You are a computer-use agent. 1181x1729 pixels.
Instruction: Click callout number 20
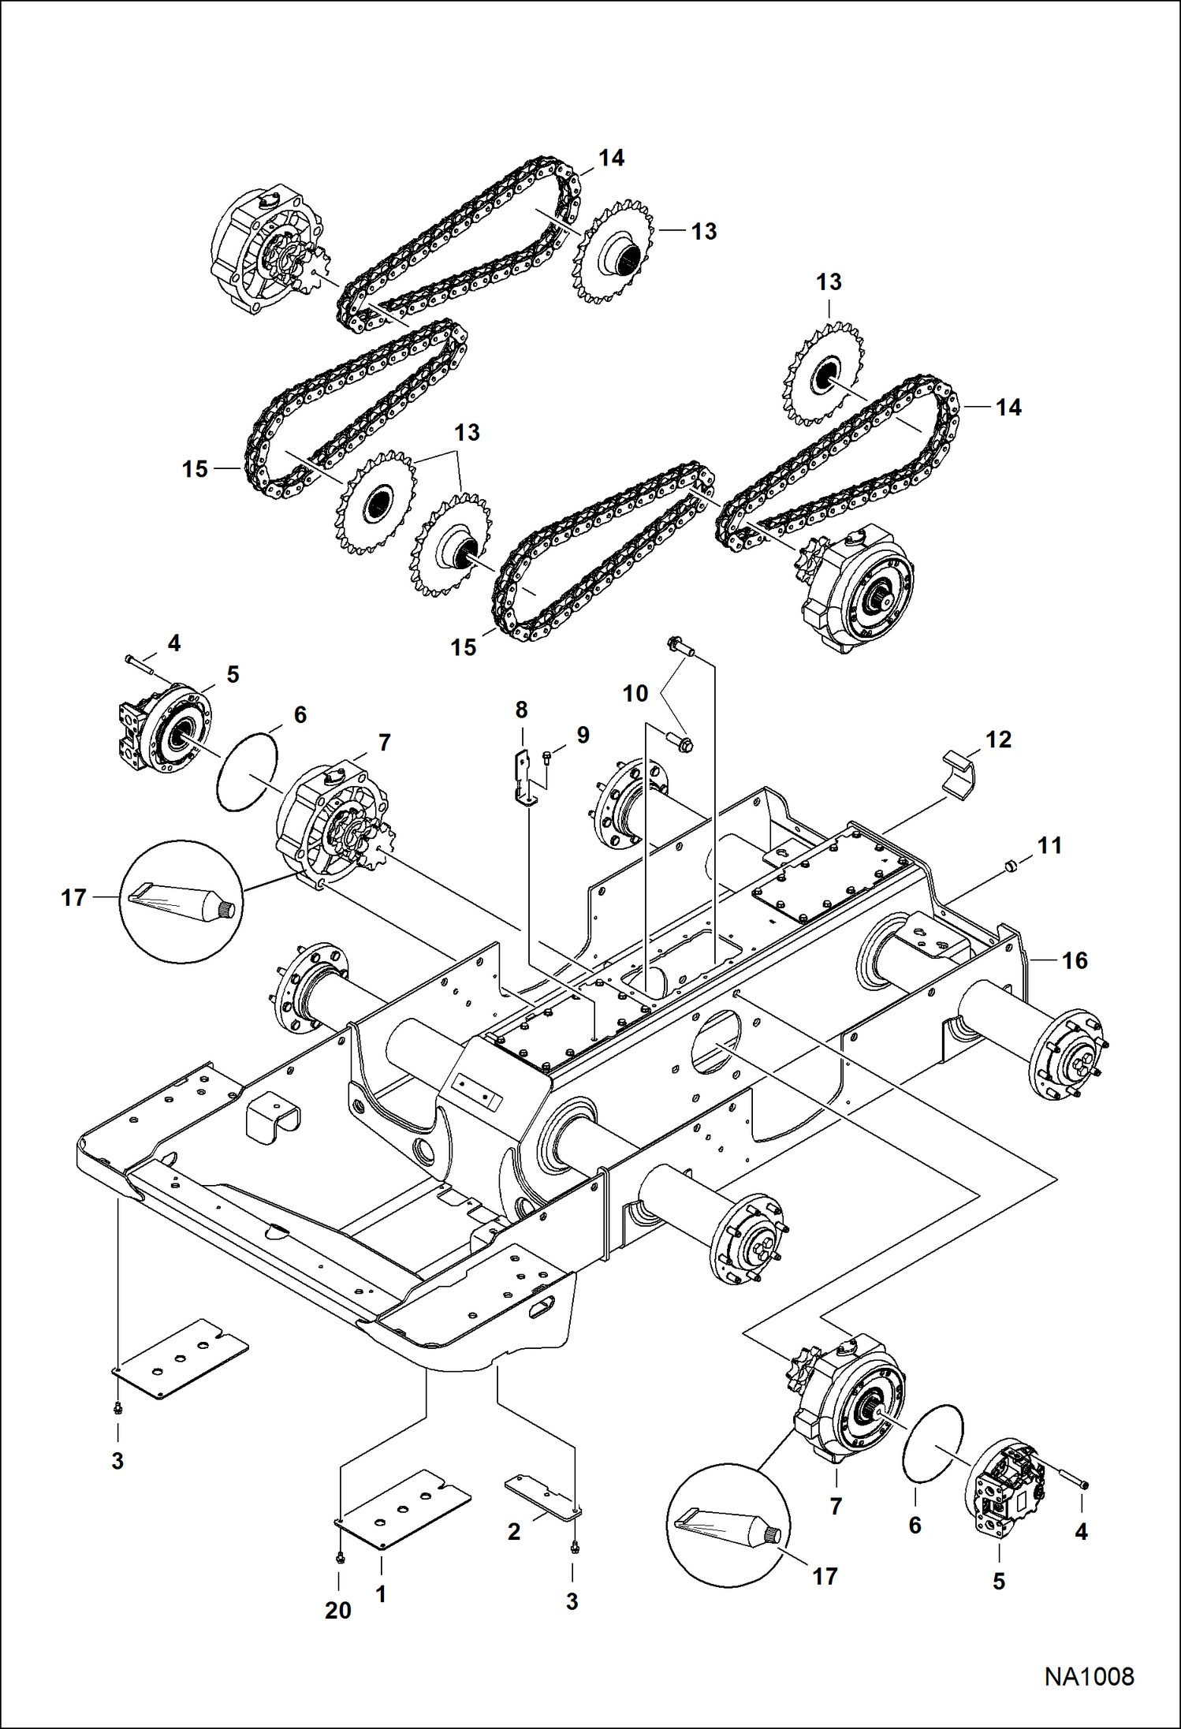point(338,1610)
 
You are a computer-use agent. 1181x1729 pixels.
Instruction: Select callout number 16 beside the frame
point(1075,960)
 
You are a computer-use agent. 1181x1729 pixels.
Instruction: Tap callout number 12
point(998,740)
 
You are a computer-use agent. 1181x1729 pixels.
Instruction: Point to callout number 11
point(1049,845)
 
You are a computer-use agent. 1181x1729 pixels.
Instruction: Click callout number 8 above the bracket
point(521,710)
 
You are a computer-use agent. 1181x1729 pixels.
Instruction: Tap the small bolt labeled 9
point(548,758)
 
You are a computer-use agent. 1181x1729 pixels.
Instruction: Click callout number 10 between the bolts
point(635,694)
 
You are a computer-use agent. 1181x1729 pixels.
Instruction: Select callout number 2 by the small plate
point(514,1531)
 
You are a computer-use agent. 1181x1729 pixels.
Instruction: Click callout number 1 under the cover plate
point(381,1593)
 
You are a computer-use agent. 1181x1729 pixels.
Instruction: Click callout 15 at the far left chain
point(195,469)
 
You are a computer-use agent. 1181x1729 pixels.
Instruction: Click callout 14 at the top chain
point(611,158)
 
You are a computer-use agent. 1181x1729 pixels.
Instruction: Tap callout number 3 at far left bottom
point(117,1461)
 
